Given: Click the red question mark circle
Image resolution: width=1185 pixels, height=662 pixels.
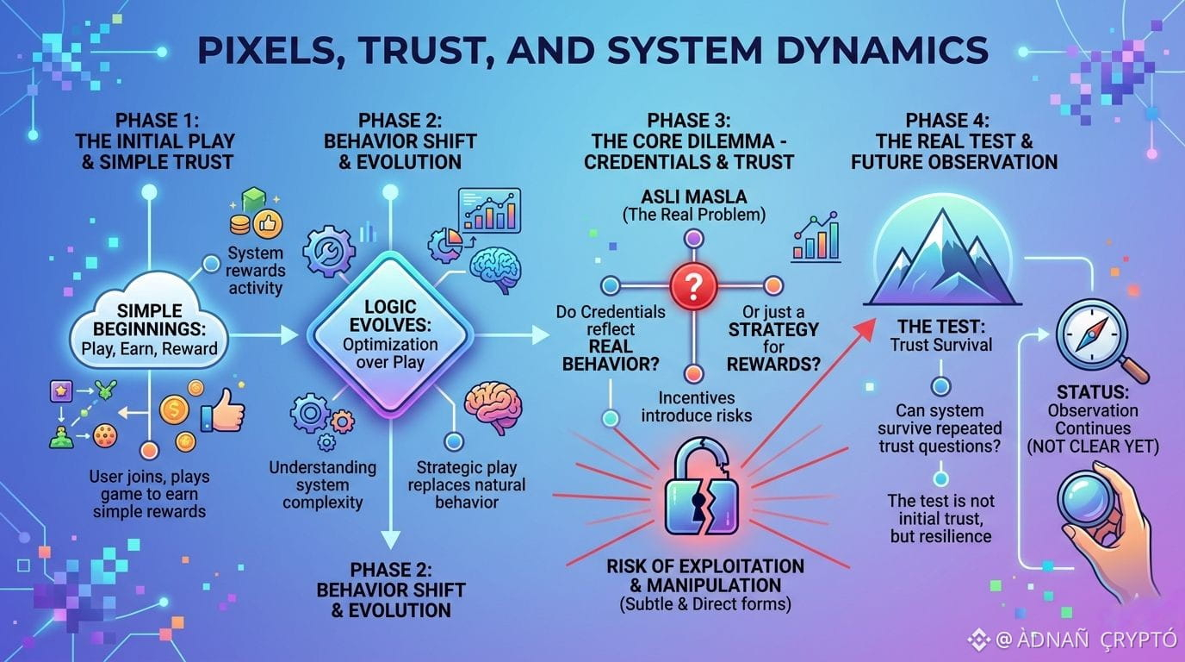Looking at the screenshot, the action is pyautogui.click(x=693, y=286).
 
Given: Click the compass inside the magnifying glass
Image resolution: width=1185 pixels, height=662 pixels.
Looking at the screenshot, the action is pyautogui.click(x=1091, y=334).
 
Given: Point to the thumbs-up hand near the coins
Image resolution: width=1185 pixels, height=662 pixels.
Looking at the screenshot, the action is pyautogui.click(x=224, y=411).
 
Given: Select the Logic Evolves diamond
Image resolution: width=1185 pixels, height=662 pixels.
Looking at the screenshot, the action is pyautogui.click(x=390, y=334).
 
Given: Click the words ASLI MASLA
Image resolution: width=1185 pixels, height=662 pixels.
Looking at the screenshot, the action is pyautogui.click(x=694, y=197).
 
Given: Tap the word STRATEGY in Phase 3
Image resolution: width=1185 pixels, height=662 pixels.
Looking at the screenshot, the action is pyautogui.click(x=773, y=329).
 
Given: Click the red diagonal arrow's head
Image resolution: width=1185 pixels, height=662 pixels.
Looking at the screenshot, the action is pyautogui.click(x=865, y=329).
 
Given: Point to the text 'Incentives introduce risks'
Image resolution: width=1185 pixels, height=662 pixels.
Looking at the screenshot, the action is pyautogui.click(x=696, y=407).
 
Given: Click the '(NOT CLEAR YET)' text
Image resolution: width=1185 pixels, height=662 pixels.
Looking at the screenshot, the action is pyautogui.click(x=1093, y=447).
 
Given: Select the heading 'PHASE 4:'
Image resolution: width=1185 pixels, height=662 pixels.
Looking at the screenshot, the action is pyautogui.click(x=947, y=120).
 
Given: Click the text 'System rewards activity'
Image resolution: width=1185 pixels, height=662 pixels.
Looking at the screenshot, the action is pyautogui.click(x=256, y=270).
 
